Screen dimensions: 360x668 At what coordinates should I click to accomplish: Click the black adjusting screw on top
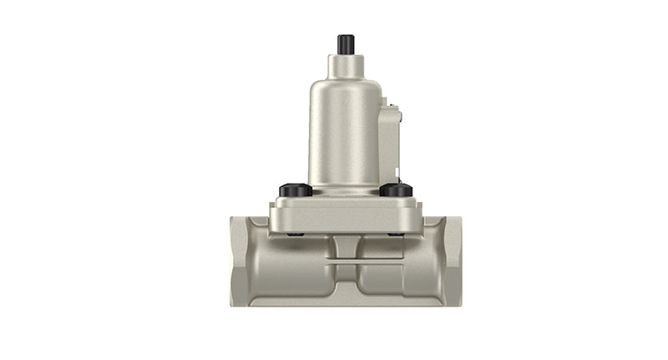pyautogui.click(x=345, y=43)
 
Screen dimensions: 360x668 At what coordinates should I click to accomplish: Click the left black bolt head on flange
pyautogui.click(x=296, y=190)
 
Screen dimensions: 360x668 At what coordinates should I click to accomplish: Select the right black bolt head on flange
pyautogui.click(x=396, y=190)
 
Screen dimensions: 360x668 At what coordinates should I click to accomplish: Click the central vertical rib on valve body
pyautogui.click(x=345, y=247)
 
